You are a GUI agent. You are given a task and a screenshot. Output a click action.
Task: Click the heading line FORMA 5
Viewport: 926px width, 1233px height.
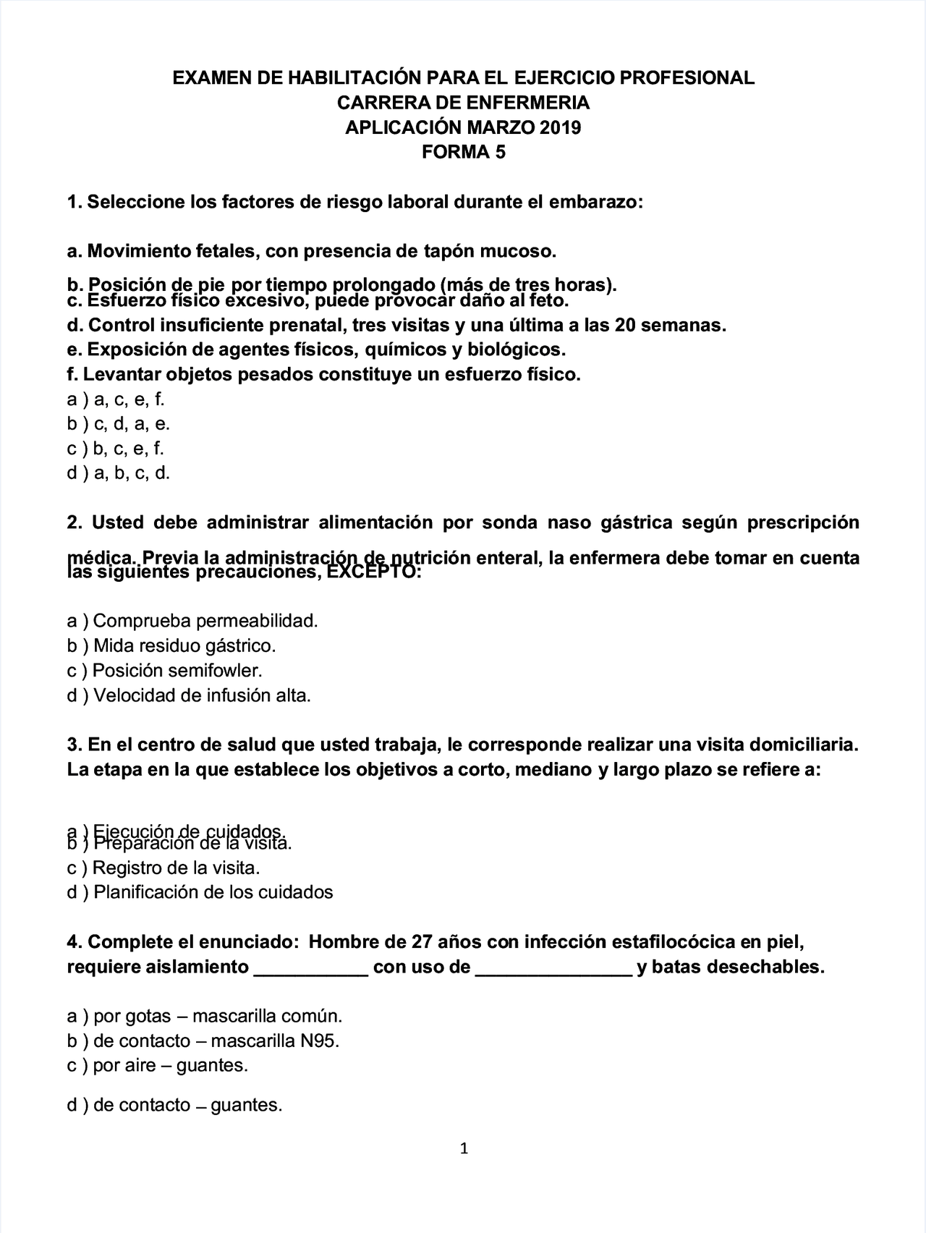pos(463,153)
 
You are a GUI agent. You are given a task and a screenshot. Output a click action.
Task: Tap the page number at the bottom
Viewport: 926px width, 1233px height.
pos(464,1148)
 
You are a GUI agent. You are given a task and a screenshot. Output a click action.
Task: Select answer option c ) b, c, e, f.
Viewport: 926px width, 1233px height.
pos(116,449)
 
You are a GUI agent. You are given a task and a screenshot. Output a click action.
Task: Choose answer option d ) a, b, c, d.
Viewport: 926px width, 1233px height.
pos(118,473)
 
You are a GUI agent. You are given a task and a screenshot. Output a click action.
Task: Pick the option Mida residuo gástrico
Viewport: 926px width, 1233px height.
pos(171,645)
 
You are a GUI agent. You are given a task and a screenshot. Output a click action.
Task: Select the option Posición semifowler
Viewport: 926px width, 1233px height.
pos(164,670)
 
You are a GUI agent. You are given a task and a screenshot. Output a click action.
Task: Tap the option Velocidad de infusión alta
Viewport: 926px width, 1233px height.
pos(189,696)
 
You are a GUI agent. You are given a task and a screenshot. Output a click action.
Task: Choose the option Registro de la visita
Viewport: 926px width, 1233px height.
pos(163,868)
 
